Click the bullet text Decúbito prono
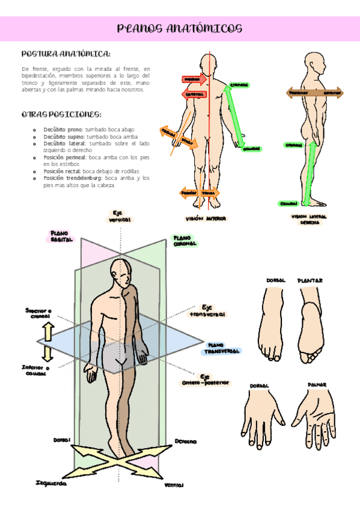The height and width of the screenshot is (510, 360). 63,129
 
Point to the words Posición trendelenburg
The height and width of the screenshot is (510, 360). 72,179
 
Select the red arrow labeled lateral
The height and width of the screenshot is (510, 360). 194,94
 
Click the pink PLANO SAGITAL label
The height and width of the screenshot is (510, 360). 61,236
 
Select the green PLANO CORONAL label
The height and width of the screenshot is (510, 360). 185,241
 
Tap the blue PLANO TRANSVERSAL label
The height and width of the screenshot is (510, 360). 222,348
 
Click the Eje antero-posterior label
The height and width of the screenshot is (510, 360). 206,380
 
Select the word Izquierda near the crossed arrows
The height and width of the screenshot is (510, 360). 51,483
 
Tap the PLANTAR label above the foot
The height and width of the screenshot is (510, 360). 310,280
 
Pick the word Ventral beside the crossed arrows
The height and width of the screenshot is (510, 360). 174,484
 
